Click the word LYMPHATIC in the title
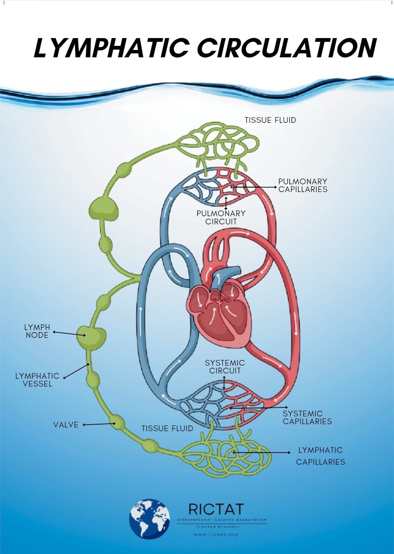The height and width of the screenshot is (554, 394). tap(111, 48)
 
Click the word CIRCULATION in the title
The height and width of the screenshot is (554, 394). tap(287, 48)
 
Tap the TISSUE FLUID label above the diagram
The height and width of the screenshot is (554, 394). tap(270, 120)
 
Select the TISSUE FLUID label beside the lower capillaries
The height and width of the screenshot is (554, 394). tap(167, 428)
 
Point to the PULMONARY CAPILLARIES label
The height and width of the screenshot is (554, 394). tap(303, 185)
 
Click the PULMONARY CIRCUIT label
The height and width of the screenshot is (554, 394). tap(221, 217)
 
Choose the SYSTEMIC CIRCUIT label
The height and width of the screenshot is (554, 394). tap(225, 366)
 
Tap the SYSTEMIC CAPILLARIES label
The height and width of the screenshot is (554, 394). tap(307, 417)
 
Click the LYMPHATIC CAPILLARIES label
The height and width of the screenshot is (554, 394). tap(321, 456)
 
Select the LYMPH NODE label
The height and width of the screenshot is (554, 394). tap(37, 331)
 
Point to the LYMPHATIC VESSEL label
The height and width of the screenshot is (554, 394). tap(37, 380)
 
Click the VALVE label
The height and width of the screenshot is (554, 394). tap(66, 425)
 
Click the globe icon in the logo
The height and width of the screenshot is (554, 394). tap(150, 518)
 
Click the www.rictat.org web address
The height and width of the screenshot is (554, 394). tap(216, 534)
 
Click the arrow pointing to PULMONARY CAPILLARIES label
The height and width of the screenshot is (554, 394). tap(254, 187)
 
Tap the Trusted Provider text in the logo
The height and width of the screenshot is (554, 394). tap(218, 527)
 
